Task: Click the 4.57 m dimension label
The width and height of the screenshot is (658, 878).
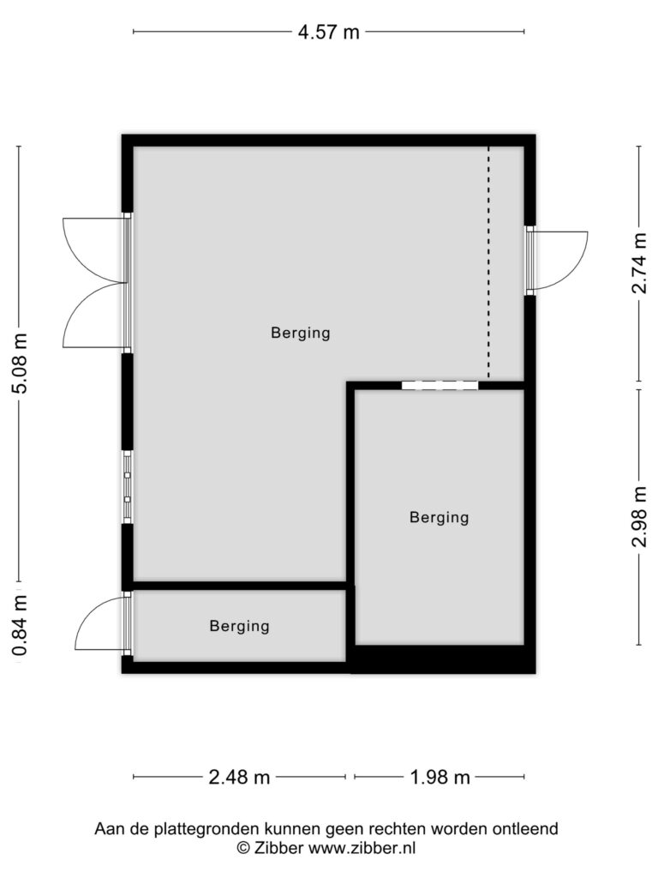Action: [x=328, y=32]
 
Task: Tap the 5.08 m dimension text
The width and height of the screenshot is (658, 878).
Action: [x=20, y=364]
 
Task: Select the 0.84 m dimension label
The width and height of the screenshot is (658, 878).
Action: [x=20, y=625]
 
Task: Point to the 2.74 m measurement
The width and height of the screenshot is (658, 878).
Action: [x=639, y=264]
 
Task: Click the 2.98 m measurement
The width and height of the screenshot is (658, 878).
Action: [x=639, y=517]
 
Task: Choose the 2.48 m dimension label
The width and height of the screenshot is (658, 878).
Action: [x=239, y=777]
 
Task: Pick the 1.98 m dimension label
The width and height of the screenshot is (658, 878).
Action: [x=440, y=777]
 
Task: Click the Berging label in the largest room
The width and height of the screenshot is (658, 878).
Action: [x=301, y=333]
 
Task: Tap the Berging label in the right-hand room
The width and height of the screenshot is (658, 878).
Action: [x=440, y=517]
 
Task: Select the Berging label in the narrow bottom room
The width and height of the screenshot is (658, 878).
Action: [x=240, y=625]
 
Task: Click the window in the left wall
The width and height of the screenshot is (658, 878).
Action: [x=128, y=487]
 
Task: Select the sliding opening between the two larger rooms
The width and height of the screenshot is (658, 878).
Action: [x=440, y=385]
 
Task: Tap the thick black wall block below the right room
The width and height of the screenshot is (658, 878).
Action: [x=440, y=659]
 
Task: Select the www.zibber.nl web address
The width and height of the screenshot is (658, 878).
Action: [x=362, y=848]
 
